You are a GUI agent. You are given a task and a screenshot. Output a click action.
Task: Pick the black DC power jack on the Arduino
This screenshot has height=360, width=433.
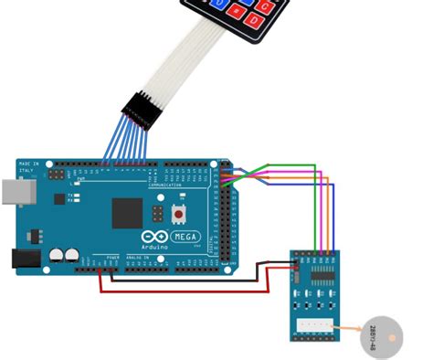coord(26,259)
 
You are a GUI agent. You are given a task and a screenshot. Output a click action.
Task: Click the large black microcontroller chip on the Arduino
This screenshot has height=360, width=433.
coord(129,212)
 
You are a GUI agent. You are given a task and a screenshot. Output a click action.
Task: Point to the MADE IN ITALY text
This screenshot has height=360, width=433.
coord(26,166)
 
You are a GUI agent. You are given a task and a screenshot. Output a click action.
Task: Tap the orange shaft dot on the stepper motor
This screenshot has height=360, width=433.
coord(393,339)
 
